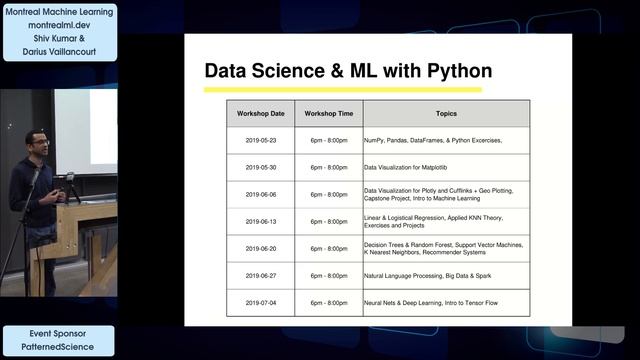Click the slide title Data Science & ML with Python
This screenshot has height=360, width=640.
tap(348, 71)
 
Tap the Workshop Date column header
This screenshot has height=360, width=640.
tap(260, 113)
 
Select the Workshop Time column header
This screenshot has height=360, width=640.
tap(329, 113)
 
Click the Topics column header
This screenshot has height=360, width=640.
tap(446, 113)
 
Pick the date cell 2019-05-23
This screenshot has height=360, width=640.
tap(260, 140)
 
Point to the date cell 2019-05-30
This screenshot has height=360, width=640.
tap(260, 167)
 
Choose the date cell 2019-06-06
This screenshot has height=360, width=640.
tap(260, 194)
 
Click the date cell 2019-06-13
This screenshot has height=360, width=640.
tap(260, 221)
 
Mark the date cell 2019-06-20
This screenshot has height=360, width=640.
tap(260, 248)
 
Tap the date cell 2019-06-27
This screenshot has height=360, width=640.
tap(260, 275)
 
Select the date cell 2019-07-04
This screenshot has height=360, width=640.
tap(260, 302)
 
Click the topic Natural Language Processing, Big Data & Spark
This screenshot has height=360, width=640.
tap(433, 275)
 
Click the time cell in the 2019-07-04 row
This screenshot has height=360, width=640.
tap(329, 302)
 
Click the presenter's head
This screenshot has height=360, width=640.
tap(37, 141)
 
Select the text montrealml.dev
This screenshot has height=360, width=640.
tap(59, 26)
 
